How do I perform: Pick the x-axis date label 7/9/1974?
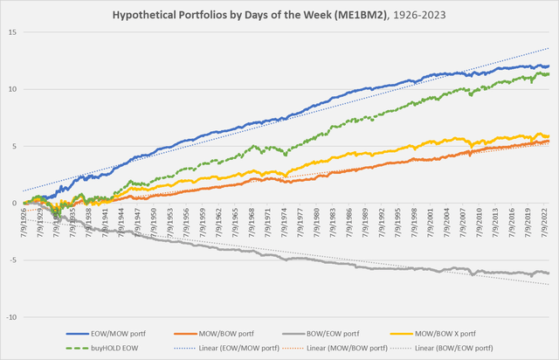click(x=285, y=222)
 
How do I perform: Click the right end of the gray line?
click(x=549, y=273)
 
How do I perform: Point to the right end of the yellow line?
click(x=549, y=136)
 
